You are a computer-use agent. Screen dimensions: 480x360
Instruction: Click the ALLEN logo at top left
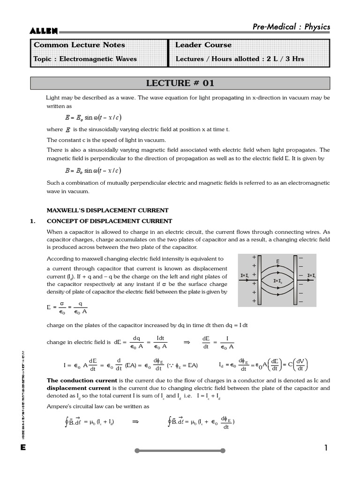44,31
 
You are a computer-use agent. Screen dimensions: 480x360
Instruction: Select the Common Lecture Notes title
79,45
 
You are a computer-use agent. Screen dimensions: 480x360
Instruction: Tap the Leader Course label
203,45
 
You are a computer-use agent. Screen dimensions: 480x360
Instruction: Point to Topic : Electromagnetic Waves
85,59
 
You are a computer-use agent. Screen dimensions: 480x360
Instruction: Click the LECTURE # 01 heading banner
180,83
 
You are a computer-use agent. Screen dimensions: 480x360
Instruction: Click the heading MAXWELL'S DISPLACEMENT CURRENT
107,210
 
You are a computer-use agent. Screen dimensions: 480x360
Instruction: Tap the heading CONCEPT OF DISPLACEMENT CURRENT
109,221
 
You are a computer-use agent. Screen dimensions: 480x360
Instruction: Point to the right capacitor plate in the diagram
295,280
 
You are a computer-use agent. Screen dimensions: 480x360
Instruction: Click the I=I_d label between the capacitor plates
278,281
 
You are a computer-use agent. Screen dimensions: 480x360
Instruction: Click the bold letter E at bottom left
22,448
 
